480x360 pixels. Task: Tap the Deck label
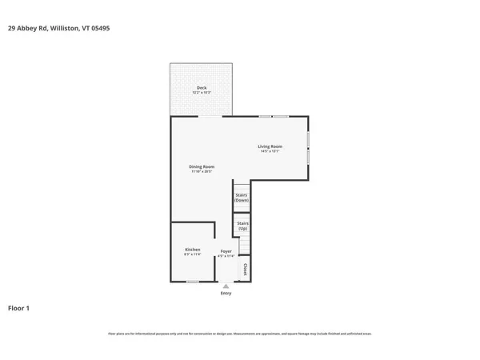(x=201, y=87)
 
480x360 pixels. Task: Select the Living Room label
(x=270, y=146)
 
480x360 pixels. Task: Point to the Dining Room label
(x=202, y=166)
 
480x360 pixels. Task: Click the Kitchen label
(x=192, y=250)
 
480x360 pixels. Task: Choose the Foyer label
(x=226, y=251)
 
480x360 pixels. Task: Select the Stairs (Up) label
(x=242, y=224)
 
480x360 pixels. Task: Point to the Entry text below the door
(x=226, y=294)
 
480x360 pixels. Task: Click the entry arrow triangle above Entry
(x=226, y=286)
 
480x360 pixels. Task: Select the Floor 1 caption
(x=18, y=308)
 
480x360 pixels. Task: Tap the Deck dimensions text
(x=201, y=93)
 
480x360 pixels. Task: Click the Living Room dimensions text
(x=270, y=152)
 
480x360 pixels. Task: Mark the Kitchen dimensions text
(x=192, y=255)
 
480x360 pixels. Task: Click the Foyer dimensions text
(x=226, y=256)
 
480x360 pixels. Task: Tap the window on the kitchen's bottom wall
(x=193, y=282)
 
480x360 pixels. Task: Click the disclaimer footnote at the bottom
(x=240, y=334)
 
